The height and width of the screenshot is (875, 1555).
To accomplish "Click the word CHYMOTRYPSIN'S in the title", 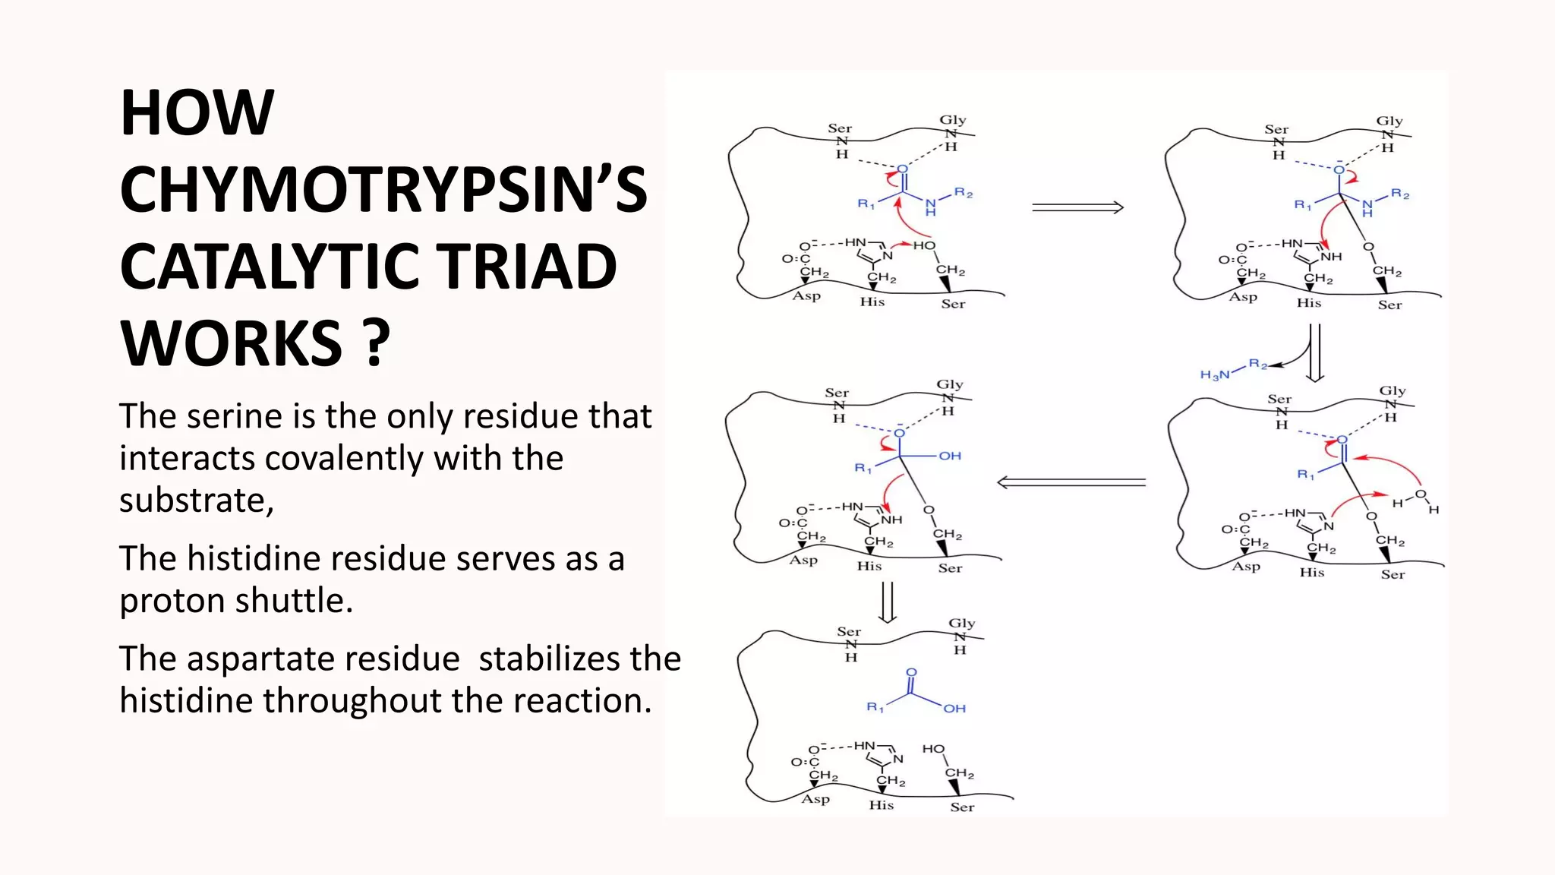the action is tap(383, 190).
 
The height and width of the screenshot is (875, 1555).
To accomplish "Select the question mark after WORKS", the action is tap(376, 343).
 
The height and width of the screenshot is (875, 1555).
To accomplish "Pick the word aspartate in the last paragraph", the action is tap(323, 659).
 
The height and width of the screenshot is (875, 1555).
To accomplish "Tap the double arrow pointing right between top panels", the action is tap(1077, 207).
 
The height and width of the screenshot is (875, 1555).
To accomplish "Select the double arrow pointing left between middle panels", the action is tap(1071, 482).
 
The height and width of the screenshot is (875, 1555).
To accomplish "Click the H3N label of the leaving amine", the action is tap(1214, 374).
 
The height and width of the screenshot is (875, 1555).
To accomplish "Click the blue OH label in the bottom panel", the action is tap(954, 708).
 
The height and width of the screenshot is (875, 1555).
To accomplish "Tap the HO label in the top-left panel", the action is tap(924, 245).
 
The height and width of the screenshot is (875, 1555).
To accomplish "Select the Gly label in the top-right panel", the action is tap(1389, 121).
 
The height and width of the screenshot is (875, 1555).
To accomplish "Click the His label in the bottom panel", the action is tap(881, 804).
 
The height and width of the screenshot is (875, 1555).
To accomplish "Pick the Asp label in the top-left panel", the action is tap(806, 295).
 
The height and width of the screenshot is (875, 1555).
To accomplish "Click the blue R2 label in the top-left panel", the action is tap(964, 193).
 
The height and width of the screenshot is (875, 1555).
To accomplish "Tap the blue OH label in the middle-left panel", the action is tap(950, 456).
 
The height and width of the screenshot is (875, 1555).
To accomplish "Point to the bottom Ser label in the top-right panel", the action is tap(1389, 305).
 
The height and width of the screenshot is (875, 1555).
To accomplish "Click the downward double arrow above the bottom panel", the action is tap(887, 602).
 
